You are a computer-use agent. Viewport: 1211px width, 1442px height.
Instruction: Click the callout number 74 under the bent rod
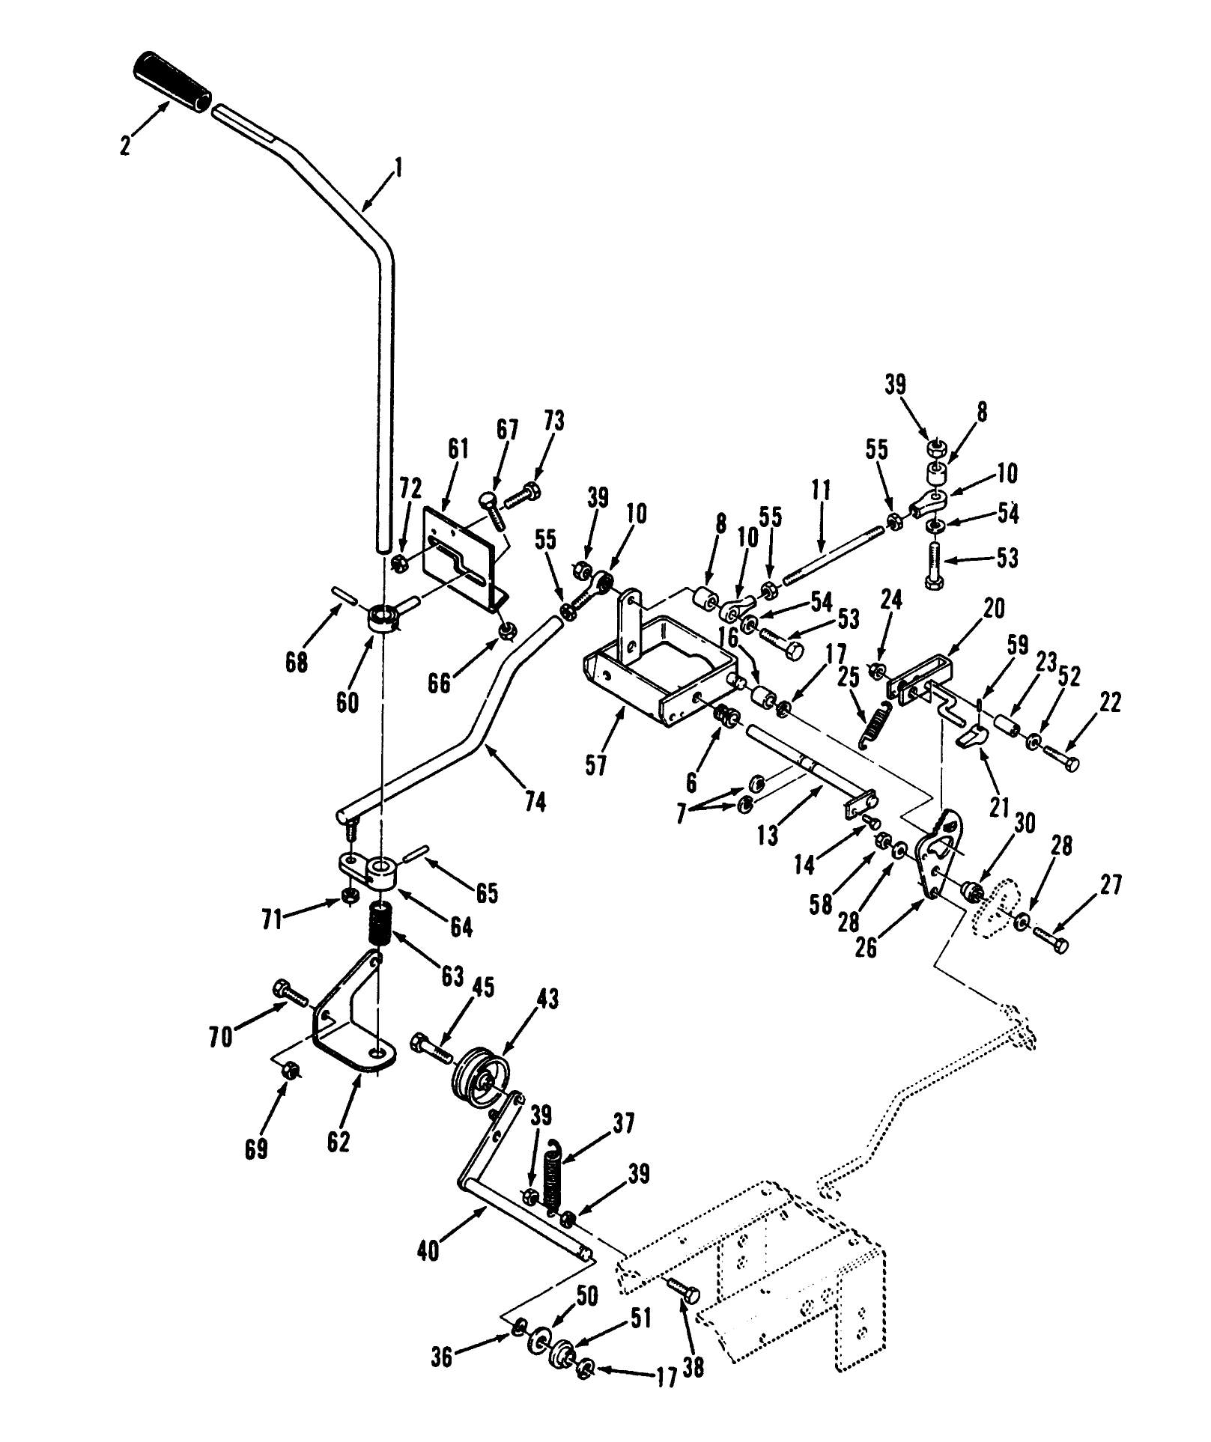pos(535,802)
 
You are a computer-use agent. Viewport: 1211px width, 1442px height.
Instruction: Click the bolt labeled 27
pos(1052,940)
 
